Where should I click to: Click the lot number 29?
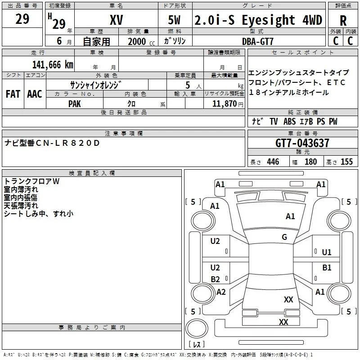click(22, 19)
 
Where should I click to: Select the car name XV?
click(117, 20)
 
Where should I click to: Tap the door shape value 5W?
click(174, 20)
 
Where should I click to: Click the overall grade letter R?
click(343, 21)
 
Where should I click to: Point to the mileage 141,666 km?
click(53, 65)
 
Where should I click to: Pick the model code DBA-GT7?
click(258, 41)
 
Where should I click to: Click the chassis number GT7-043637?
click(302, 143)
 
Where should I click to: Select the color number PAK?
click(75, 104)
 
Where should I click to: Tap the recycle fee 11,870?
click(224, 104)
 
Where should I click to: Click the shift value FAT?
click(13, 94)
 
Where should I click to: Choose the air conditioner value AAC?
click(35, 94)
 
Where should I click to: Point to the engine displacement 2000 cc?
click(141, 41)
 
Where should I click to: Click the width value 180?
click(310, 162)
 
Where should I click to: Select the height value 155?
click(346, 162)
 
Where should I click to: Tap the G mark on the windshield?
click(284, 237)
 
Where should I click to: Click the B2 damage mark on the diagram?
click(215, 279)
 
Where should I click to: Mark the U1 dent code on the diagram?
click(327, 252)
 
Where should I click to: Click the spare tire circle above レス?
click(197, 329)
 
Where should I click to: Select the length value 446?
click(273, 162)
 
